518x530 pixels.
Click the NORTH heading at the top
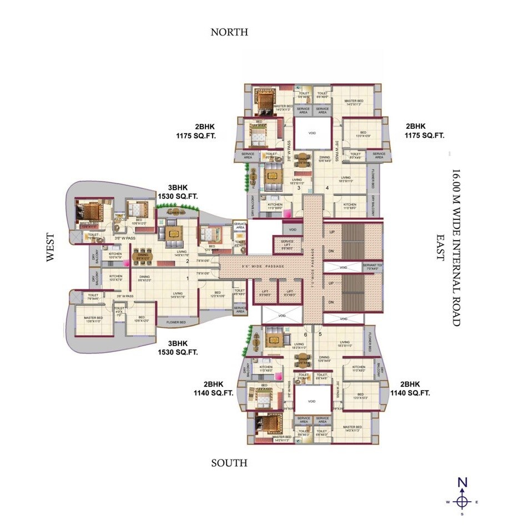coord(229,32)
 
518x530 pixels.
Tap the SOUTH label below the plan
coord(229,463)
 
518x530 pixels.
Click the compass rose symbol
coord(461,501)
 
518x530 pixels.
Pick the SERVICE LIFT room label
coord(286,244)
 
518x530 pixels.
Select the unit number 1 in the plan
coord(188,278)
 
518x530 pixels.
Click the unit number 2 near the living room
coord(188,261)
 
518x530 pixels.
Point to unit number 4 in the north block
coord(327,188)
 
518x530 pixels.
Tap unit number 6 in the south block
coord(305,334)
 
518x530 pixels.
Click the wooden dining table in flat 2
coord(143,253)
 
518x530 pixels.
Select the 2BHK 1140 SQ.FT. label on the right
coord(410,388)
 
